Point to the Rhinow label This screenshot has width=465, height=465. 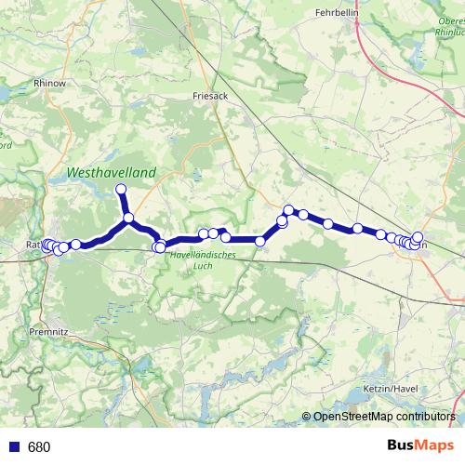[48, 83]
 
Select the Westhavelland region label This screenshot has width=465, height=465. [111, 172]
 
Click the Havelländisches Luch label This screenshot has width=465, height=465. [204, 261]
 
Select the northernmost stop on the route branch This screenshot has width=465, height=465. [120, 191]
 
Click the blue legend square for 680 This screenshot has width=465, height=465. [12, 447]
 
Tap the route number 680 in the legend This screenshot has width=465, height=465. [39, 447]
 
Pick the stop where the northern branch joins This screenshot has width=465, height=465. [128, 219]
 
